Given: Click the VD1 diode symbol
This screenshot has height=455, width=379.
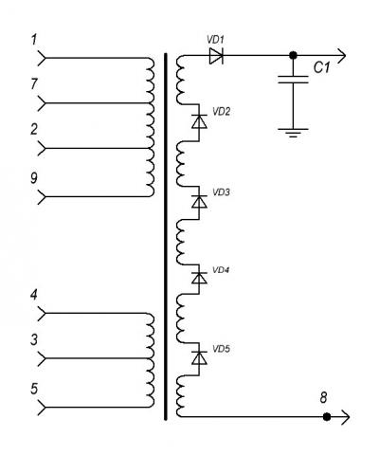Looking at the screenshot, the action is click(216, 56).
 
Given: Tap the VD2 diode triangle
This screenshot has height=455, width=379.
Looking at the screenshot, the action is click(199, 121).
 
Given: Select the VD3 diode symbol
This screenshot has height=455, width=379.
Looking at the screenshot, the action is click(199, 201).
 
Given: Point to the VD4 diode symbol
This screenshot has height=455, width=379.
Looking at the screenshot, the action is click(199, 278).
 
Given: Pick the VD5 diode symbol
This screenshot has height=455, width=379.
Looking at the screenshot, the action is click(199, 357).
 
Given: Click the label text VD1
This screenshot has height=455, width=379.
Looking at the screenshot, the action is click(215, 40).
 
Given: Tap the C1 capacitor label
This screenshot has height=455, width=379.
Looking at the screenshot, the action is click(321, 67).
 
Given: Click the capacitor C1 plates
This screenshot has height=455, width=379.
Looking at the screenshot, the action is click(293, 80).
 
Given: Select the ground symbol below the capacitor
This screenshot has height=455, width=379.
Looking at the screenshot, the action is click(293, 133).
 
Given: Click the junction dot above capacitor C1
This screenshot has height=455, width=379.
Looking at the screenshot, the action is click(293, 55).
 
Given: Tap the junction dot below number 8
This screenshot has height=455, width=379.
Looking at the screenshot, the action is click(327, 417).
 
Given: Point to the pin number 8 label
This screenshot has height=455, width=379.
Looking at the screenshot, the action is click(323, 397).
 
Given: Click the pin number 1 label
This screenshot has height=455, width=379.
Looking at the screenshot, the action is click(34, 40).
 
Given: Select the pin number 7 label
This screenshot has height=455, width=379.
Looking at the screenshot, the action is click(34, 84).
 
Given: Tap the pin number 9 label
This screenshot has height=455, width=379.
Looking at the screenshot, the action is click(34, 178).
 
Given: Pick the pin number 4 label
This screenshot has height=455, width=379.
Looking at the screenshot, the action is click(34, 295).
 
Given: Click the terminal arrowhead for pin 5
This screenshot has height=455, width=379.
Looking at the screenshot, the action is click(42, 408).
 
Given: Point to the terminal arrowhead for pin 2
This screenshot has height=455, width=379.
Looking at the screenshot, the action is click(42, 148).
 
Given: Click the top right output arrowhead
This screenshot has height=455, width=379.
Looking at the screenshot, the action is click(342, 56).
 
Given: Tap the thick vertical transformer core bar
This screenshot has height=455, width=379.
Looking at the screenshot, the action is click(166, 237).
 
